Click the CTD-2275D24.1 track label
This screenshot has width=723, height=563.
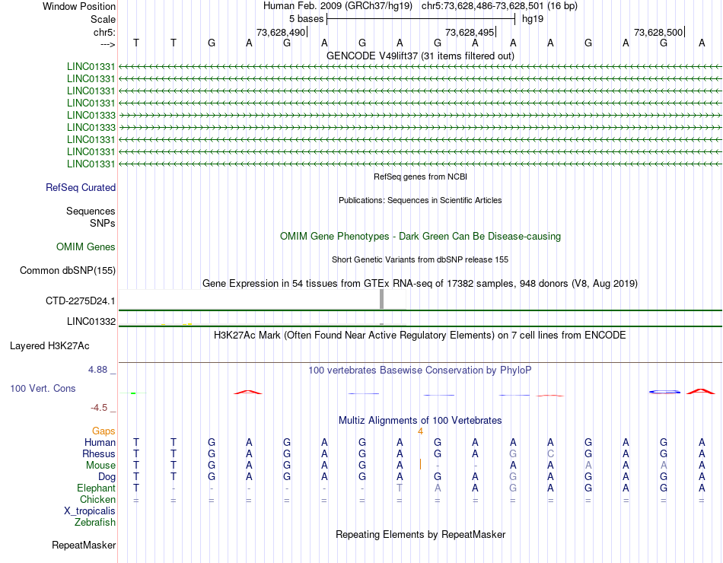coord(81,301)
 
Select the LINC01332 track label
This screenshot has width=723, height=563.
coord(91,322)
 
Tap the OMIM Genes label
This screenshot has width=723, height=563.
coord(86,247)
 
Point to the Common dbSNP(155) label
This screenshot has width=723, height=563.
coord(68,270)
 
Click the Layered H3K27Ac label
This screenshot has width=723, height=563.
coord(49,346)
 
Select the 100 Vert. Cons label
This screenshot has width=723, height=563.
coord(43,389)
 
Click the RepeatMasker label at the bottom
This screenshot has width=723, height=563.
coord(84,546)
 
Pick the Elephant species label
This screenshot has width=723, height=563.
coord(96,488)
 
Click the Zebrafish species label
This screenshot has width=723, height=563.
coord(95,523)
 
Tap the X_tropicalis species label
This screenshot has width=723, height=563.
coord(90,511)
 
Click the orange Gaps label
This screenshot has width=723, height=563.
coord(104,431)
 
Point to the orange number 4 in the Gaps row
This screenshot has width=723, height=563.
coord(420,431)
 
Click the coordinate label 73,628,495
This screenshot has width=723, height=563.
coord(469,33)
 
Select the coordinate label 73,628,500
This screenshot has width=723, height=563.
coord(658,33)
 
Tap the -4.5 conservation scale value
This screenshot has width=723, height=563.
coord(100,408)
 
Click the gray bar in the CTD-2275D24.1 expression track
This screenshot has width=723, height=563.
coord(381,299)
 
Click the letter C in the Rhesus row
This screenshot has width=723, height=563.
coord(550,454)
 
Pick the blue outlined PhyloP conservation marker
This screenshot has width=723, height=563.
coord(664,392)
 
